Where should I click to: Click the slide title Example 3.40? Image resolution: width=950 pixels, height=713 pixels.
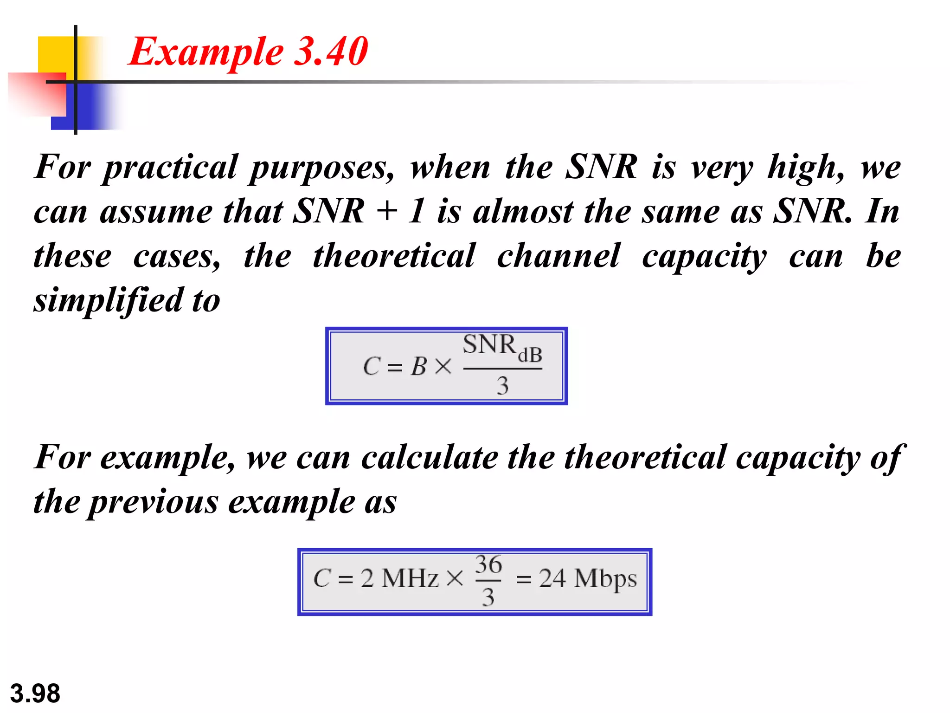pyautogui.click(x=248, y=52)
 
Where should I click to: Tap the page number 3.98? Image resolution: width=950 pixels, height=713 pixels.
pyautogui.click(x=35, y=694)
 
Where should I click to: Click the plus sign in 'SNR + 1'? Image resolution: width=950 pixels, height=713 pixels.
pyautogui.click(x=387, y=212)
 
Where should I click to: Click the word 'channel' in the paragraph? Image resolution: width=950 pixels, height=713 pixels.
pyautogui.click(x=558, y=256)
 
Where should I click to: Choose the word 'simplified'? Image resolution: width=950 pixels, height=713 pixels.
pyautogui.click(x=108, y=301)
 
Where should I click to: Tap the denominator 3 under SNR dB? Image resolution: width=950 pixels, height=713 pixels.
pyautogui.click(x=502, y=385)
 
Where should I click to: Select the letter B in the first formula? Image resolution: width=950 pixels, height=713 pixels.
pyautogui.click(x=418, y=366)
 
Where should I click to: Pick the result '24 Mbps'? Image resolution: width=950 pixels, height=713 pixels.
pyautogui.click(x=588, y=579)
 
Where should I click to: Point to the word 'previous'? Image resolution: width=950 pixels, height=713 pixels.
pyautogui.click(x=154, y=502)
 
